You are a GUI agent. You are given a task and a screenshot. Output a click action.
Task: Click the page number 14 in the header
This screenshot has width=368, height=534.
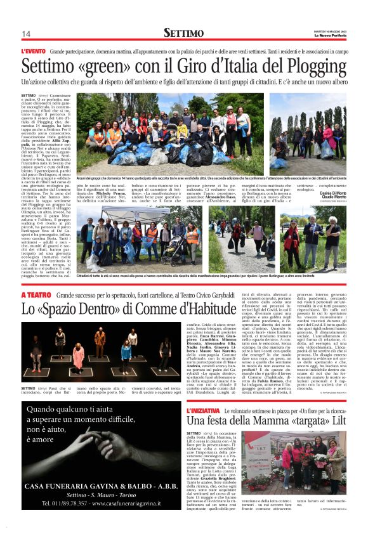[x=26, y=34]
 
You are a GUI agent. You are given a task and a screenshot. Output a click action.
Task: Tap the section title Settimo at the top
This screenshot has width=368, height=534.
[x=183, y=32]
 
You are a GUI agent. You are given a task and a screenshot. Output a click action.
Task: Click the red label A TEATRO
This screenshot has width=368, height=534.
[x=36, y=296]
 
